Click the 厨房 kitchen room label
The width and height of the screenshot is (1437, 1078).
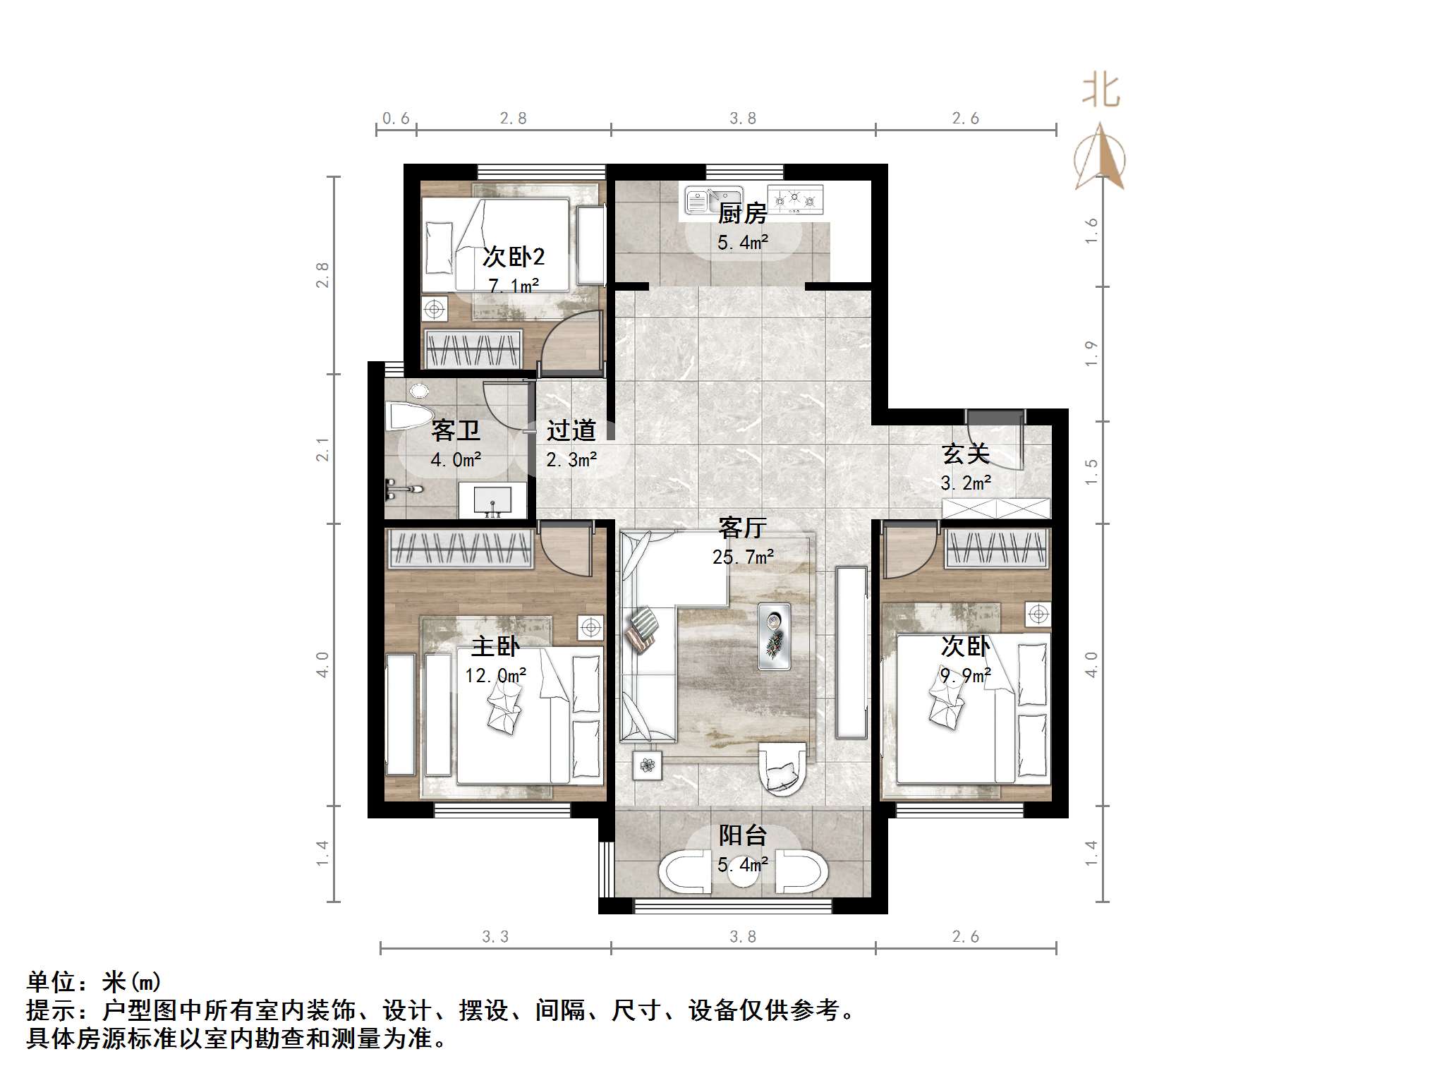pos(742,213)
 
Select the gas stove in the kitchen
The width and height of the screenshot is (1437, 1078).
pos(795,200)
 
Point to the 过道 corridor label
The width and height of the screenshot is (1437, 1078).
pos(571,430)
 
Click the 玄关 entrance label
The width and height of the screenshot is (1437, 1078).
pos(965,454)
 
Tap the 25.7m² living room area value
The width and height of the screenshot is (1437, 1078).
pos(743,557)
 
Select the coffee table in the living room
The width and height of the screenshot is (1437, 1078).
pos(774,636)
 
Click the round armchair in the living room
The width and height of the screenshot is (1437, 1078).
pos(781,769)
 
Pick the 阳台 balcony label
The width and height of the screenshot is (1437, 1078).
pos(742,835)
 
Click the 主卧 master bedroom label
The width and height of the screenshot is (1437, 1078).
pos(495,646)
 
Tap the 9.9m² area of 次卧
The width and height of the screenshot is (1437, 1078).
pos(965,676)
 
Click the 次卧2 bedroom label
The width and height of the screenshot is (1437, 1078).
pos(514,257)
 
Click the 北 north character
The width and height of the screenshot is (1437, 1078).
pos(1101,92)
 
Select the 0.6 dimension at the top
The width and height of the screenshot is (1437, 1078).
pos(396,119)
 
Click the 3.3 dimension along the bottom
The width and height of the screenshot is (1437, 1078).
pos(495,936)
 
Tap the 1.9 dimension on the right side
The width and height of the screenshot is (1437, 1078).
pos(1091,353)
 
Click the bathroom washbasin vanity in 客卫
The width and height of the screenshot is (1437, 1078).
pos(492,500)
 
